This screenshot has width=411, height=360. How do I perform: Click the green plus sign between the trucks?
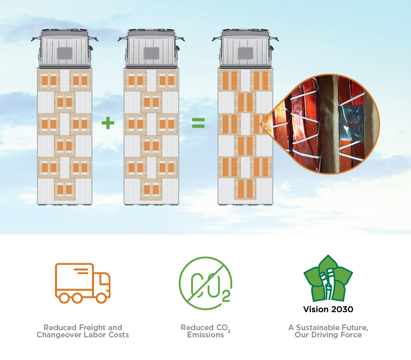coord(108,123)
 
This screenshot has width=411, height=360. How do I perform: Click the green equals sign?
coord(198,123)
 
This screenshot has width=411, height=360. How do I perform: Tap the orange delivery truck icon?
coord(83,283)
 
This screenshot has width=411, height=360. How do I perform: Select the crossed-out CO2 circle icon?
coord(206,283)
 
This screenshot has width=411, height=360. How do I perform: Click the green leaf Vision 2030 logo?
coord(328,278)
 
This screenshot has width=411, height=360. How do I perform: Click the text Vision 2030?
coord(328,310)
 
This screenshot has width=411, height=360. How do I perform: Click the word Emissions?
coord(206,335)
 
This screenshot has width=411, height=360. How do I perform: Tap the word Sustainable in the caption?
coord(317,328)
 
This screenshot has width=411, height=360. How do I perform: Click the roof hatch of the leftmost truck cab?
coord(65,53)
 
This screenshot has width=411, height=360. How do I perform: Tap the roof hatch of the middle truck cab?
coord(152,53)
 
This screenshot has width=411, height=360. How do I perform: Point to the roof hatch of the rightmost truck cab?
coord(246,53)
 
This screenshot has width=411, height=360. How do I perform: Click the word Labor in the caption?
coord(95,335)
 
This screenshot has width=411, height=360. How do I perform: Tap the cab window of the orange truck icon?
coord(104,280)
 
